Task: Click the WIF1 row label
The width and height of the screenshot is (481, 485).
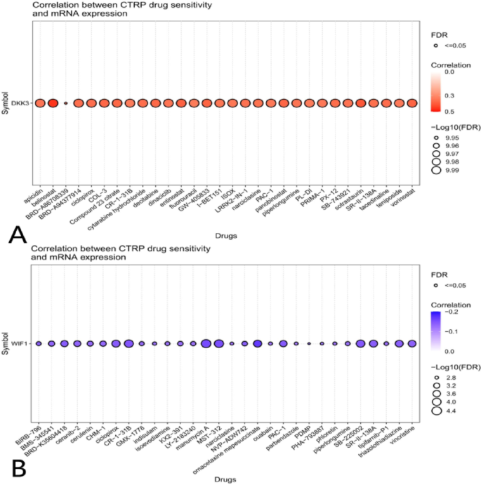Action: [20, 343]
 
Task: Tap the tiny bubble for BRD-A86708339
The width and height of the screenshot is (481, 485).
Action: [65, 103]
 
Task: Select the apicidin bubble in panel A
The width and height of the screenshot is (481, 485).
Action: [40, 103]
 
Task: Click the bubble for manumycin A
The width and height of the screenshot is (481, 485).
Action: [206, 343]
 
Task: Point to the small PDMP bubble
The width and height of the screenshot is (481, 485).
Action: [309, 343]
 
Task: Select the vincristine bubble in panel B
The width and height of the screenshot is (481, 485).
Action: [411, 343]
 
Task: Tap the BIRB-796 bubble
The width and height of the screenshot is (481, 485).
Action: [39, 343]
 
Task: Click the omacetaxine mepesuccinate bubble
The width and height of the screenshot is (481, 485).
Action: [257, 343]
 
